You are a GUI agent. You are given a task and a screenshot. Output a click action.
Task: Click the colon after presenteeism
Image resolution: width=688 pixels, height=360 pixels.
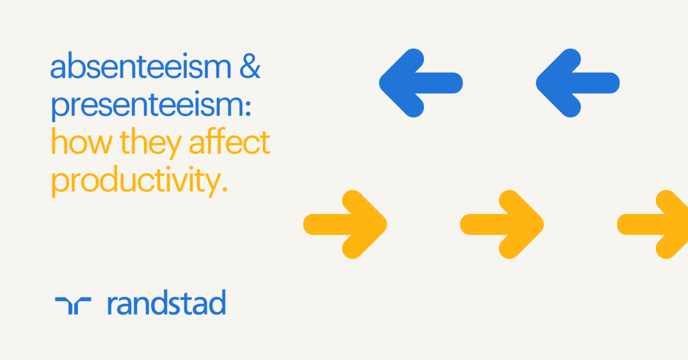(x=247, y=109)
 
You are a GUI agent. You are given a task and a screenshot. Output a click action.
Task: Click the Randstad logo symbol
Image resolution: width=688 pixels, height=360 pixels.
(x=73, y=306)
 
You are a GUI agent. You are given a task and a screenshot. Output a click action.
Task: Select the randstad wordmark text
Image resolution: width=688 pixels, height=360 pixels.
(x=166, y=303)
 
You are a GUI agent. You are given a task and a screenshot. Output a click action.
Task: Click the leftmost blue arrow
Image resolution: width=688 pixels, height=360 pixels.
(x=420, y=83)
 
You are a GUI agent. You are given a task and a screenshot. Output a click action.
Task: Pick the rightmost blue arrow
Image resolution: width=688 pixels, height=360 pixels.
(x=577, y=83)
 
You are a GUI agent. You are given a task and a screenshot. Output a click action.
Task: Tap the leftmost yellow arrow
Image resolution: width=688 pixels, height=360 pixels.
(x=345, y=224)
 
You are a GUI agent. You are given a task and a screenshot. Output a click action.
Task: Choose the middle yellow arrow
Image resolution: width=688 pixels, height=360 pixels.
(x=502, y=224)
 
